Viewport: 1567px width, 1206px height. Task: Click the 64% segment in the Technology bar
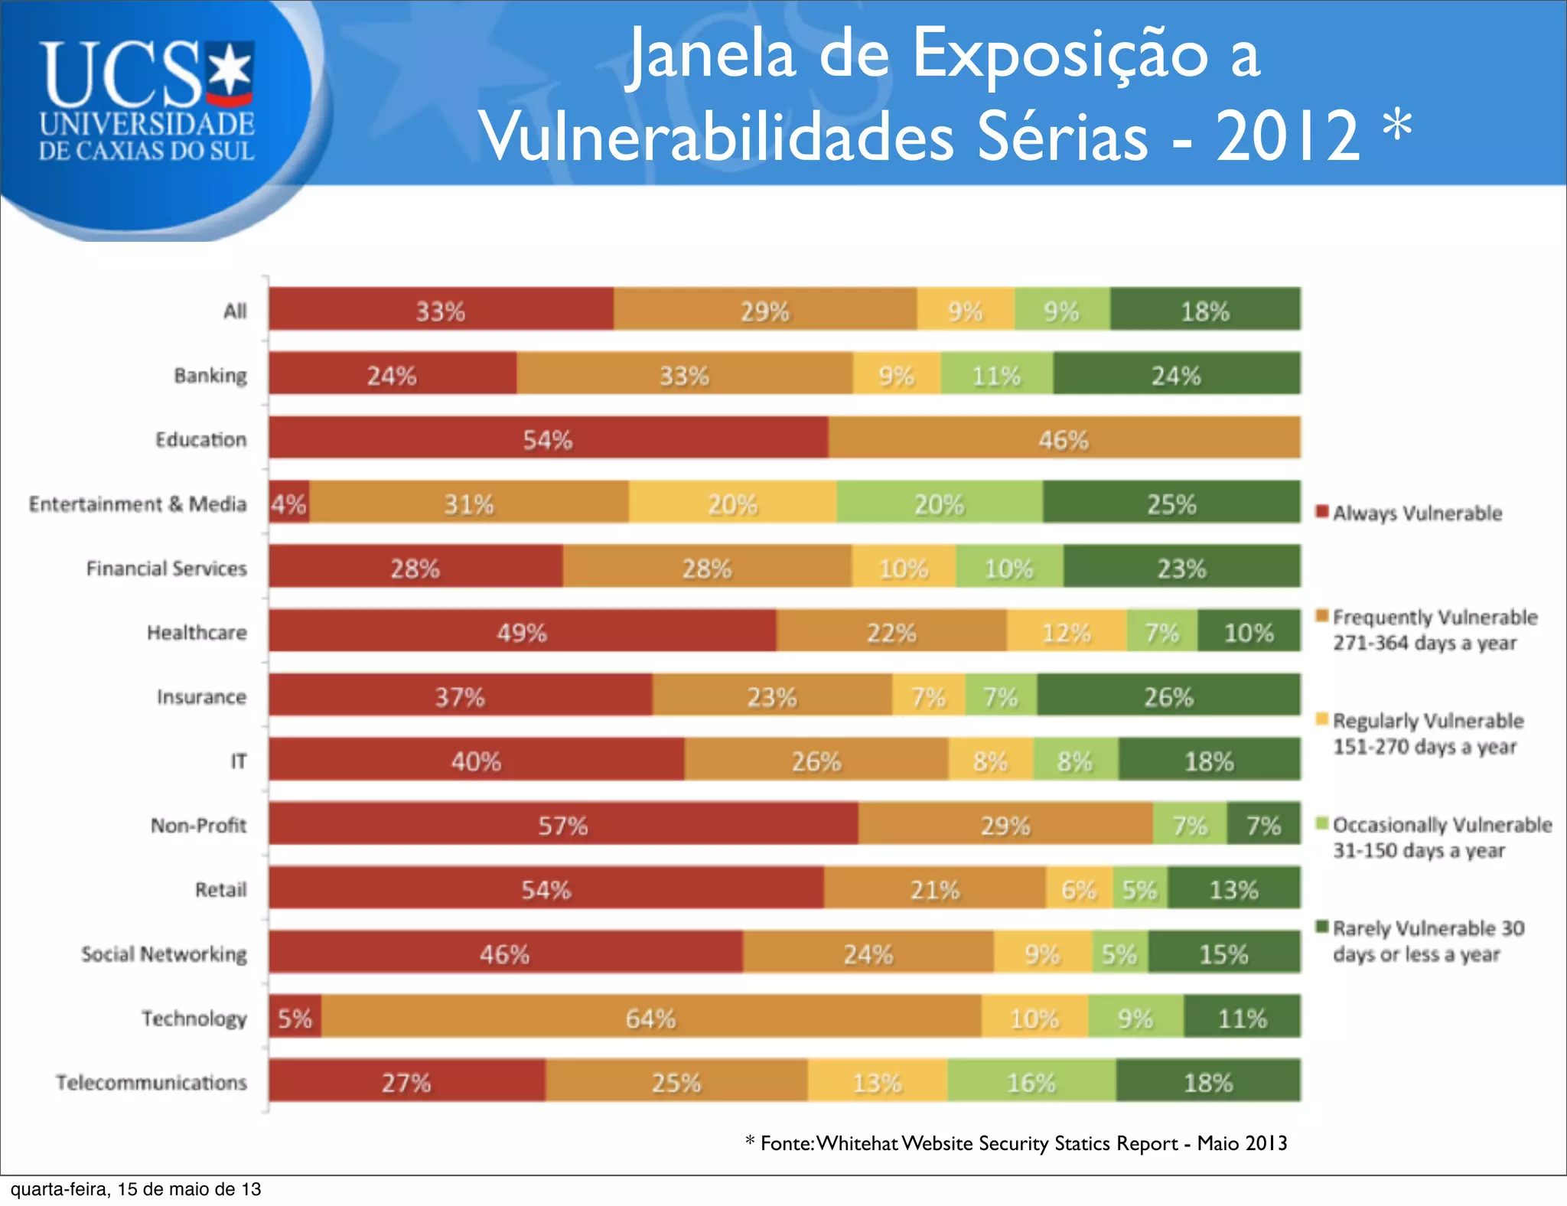[650, 1018]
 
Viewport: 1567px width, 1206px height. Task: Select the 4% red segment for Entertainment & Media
[289, 504]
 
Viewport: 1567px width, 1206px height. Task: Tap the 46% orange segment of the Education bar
[1064, 439]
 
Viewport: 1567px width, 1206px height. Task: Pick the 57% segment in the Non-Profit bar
[563, 825]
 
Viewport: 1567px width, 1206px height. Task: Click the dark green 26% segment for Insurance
[1168, 696]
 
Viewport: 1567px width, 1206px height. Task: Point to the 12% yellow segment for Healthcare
[1066, 632]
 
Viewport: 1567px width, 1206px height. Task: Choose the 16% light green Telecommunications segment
[1031, 1082]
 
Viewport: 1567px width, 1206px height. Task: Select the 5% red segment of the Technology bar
[295, 1018]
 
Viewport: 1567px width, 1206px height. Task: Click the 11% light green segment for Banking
[996, 375]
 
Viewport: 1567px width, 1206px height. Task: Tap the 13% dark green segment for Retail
[1233, 889]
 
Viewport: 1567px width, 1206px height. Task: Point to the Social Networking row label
[164, 953]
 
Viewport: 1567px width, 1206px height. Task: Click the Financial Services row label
[166, 568]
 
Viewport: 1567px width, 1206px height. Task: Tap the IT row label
[239, 761]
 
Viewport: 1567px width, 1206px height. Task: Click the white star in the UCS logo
[230, 70]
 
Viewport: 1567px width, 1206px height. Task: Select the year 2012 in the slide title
[1287, 136]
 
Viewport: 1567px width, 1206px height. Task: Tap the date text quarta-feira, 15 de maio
[135, 1188]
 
